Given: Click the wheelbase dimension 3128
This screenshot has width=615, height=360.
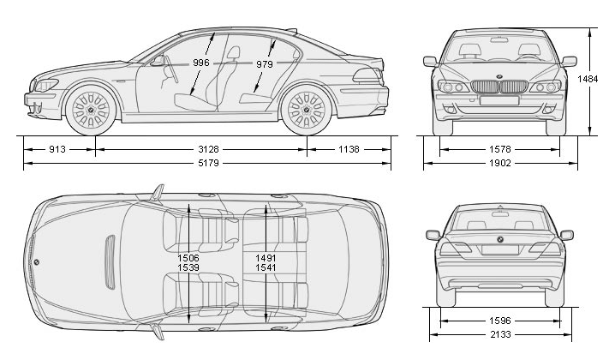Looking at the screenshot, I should [x=200, y=149].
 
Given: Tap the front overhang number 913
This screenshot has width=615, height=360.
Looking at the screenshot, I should [x=57, y=149].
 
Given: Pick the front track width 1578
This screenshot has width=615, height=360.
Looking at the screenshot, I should [x=502, y=149].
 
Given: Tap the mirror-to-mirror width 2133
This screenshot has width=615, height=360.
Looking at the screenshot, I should [x=502, y=335].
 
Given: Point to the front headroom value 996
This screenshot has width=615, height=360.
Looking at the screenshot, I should [x=201, y=63].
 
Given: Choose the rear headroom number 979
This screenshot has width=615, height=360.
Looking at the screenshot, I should [x=264, y=64].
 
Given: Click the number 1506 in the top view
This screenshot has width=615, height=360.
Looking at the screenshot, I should [x=188, y=257].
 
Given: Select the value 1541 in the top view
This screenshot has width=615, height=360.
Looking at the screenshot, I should [x=266, y=268].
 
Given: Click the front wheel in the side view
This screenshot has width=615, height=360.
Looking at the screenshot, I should [x=91, y=111].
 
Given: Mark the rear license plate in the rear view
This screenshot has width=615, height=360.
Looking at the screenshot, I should [x=500, y=249].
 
